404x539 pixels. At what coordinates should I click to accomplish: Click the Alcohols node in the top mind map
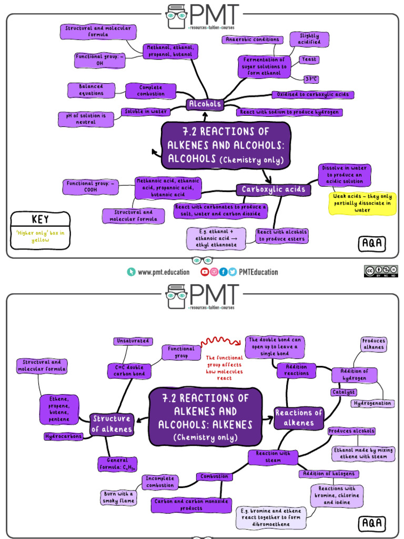pyautogui.click(x=205, y=104)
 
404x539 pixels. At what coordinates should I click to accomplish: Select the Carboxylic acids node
pyautogui.click(x=273, y=189)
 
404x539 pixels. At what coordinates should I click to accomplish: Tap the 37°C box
pyautogui.click(x=311, y=79)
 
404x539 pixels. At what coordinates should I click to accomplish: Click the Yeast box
pyautogui.click(x=309, y=59)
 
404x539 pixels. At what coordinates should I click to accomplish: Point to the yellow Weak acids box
pyautogui.click(x=362, y=203)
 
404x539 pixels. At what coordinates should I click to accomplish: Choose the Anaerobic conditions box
pyautogui.click(x=252, y=39)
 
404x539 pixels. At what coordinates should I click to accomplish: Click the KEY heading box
pyautogui.click(x=40, y=219)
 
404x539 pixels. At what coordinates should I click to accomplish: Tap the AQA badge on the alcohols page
pyautogui.click(x=372, y=243)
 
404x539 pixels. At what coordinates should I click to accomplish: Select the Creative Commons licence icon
pyautogui.click(x=381, y=271)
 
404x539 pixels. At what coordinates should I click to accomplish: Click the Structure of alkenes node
pyautogui.click(x=111, y=424)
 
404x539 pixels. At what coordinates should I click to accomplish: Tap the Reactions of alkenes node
pyautogui.click(x=299, y=418)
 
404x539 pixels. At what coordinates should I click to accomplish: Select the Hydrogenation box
pyautogui.click(x=372, y=403)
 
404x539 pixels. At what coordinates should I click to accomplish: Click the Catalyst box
pyautogui.click(x=344, y=392)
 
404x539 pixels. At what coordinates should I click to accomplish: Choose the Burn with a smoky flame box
pyautogui.click(x=118, y=497)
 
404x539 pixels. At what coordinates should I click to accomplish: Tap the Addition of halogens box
pyautogui.click(x=329, y=474)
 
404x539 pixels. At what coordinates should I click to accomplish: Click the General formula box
pyautogui.click(x=117, y=464)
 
